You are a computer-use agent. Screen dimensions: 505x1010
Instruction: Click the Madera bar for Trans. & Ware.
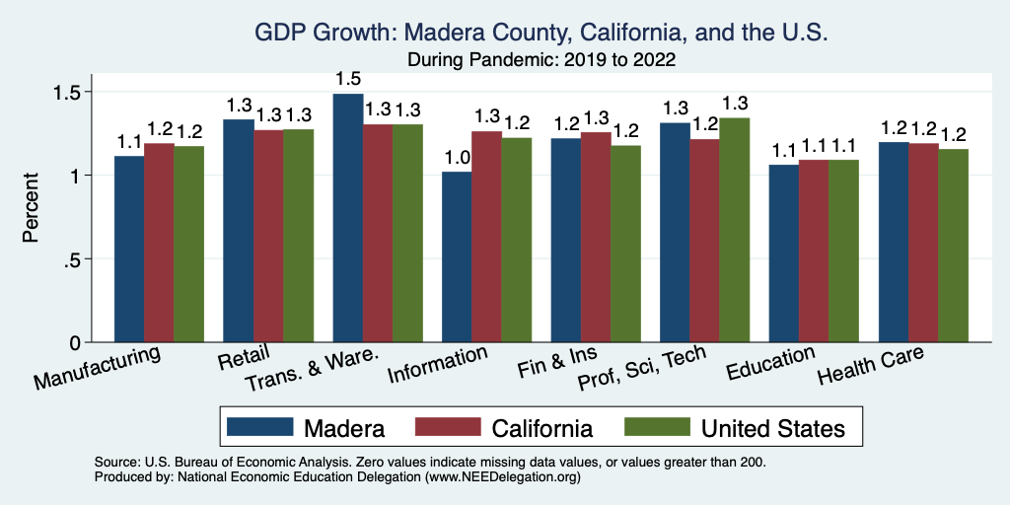(x=348, y=218)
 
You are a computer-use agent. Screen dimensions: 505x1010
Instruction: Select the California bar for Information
(x=486, y=237)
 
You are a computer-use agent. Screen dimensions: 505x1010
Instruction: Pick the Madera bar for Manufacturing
(x=129, y=249)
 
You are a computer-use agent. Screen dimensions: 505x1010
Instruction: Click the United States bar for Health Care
(x=953, y=246)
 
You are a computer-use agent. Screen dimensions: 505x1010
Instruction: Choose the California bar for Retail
(x=268, y=236)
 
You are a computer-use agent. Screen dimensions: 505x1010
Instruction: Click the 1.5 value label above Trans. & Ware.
(x=348, y=79)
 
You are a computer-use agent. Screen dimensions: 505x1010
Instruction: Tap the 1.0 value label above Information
(x=457, y=158)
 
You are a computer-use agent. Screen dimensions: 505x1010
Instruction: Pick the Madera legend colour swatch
(x=260, y=427)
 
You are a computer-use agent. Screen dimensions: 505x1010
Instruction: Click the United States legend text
(x=772, y=428)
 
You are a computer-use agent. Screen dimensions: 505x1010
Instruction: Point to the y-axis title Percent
(x=31, y=209)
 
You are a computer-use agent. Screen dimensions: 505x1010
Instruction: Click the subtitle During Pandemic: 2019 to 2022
(x=541, y=60)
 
